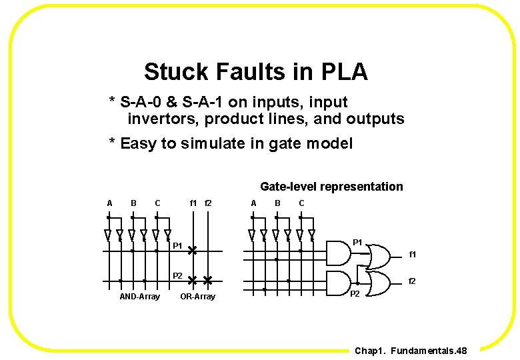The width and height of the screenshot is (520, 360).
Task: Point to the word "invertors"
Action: point(162,119)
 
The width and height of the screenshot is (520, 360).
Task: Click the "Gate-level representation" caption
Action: point(331,187)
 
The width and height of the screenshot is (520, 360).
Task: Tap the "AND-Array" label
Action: point(139,297)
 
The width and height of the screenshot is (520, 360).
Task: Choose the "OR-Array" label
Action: point(197,297)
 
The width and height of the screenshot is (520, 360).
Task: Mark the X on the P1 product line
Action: point(192,251)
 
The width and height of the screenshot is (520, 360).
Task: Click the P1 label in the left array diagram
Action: point(177,247)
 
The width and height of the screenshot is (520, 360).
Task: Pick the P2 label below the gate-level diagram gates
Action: point(355,294)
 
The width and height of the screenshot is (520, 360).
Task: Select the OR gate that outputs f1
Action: point(379,255)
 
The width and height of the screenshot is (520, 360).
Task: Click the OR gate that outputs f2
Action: point(379,282)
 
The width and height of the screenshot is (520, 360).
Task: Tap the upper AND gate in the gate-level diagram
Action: point(339,252)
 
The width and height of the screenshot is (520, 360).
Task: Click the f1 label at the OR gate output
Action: point(413,255)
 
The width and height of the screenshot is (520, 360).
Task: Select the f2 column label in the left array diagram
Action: point(207,203)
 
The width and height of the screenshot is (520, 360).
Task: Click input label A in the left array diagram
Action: point(109,203)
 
